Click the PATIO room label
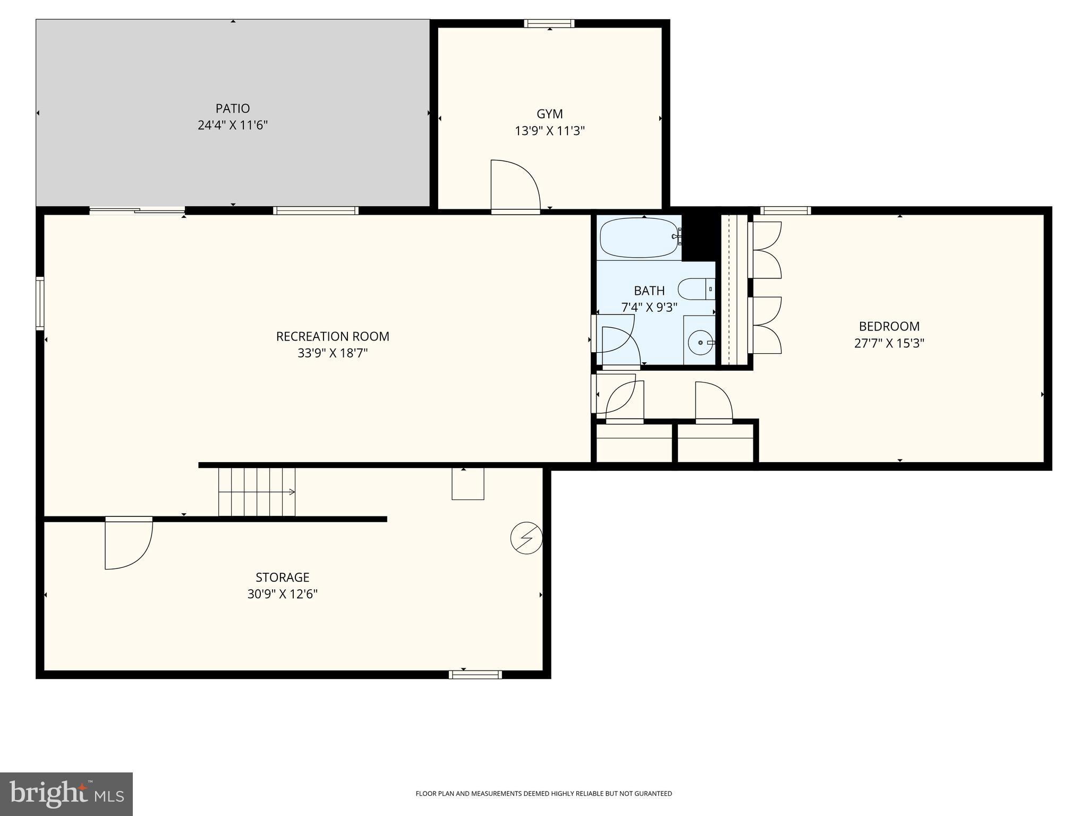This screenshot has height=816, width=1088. coord(232,108)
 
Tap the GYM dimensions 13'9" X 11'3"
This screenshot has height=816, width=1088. coord(549,131)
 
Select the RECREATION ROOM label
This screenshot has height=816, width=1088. coord(333,336)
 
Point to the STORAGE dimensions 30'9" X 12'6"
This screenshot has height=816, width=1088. coord(282,594)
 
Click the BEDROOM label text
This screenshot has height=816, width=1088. coord(889,326)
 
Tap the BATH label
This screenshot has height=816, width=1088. coord(649,291)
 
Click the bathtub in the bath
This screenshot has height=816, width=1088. coord(639,237)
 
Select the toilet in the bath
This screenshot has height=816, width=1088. coord(696,289)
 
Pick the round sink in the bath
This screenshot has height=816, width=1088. coord(700,343)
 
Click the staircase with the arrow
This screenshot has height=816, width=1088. coord(257,492)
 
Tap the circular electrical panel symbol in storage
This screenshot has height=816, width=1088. coord(526,538)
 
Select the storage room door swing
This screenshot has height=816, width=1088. coord(128,544)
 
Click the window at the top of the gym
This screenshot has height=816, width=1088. coord(549,23)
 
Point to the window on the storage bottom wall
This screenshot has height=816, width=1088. coord(475,675)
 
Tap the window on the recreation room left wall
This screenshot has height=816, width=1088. coord(40,303)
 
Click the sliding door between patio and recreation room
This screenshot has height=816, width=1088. coord(137,211)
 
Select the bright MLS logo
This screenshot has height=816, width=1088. coord(66,794)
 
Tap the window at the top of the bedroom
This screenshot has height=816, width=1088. coord(785,210)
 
